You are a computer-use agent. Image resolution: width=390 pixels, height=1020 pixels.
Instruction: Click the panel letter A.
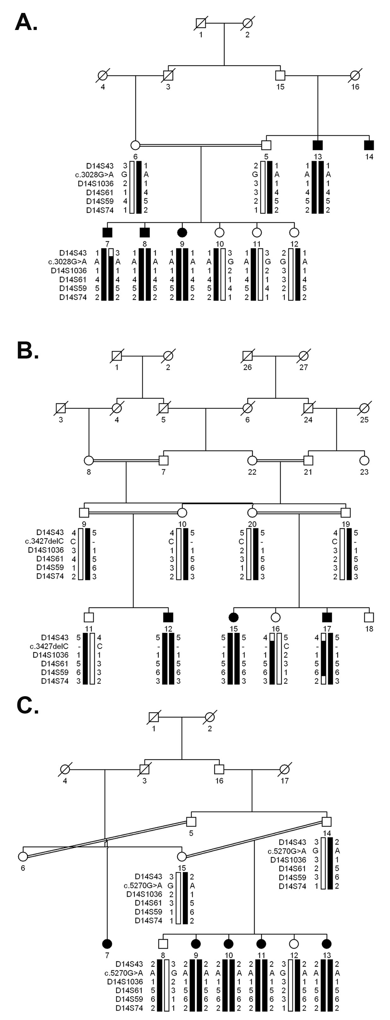(26, 22)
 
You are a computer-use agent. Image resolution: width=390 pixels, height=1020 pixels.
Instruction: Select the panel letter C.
(27, 705)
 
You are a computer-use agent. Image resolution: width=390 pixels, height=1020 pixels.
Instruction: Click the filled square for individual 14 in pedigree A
(369, 145)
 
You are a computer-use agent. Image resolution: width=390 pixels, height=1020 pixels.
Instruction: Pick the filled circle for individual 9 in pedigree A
(182, 232)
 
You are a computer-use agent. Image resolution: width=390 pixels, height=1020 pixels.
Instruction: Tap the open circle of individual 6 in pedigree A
(135, 145)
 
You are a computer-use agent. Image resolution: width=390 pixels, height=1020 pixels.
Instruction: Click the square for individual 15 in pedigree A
(280, 75)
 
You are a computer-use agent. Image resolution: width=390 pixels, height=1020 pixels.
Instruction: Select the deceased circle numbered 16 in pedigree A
(355, 75)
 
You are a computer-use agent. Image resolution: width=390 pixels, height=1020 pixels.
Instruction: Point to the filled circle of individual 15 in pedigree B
(233, 617)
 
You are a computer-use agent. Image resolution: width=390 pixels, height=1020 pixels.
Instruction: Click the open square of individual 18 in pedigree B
(369, 617)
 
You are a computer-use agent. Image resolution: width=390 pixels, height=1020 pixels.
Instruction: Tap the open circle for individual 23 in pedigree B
(364, 460)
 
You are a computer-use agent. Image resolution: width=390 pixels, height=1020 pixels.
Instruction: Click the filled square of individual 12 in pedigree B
(168, 617)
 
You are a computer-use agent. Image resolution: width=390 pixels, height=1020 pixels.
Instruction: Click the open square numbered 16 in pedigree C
(219, 769)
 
